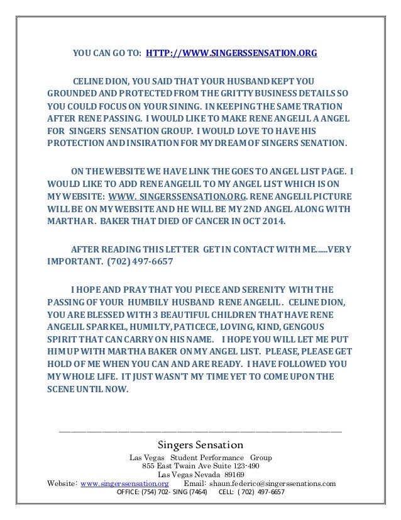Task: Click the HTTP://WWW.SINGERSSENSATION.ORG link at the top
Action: click(x=231, y=54)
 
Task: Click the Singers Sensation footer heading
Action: click(x=200, y=446)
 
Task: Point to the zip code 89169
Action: click(x=230, y=475)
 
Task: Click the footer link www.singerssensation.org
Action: click(x=120, y=483)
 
